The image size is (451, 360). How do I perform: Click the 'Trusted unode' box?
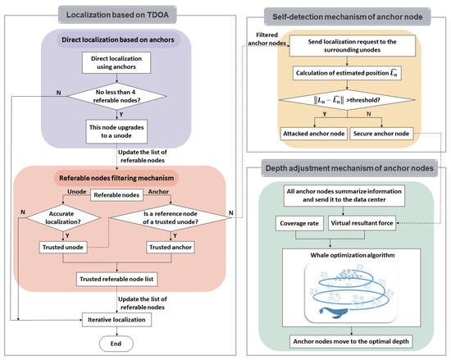(x=69, y=247)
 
